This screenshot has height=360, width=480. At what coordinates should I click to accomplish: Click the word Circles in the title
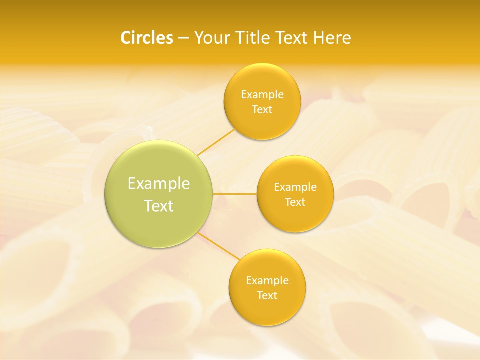[146, 38]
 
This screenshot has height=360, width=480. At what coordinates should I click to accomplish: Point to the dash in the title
[183, 38]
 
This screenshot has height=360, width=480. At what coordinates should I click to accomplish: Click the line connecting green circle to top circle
[216, 142]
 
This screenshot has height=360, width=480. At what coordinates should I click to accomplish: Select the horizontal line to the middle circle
[235, 194]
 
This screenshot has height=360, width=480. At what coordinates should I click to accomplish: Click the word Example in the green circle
[159, 184]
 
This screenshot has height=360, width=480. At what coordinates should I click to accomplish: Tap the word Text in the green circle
[159, 206]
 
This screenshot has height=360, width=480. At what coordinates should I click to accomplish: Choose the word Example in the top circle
[262, 94]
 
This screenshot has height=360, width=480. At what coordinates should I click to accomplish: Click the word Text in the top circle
[262, 109]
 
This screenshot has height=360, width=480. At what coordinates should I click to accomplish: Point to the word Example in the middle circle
[295, 187]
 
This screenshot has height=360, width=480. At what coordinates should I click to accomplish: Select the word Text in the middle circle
[295, 202]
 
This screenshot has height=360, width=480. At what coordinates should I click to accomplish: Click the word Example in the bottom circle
[267, 281]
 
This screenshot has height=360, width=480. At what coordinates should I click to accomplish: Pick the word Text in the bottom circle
[267, 295]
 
